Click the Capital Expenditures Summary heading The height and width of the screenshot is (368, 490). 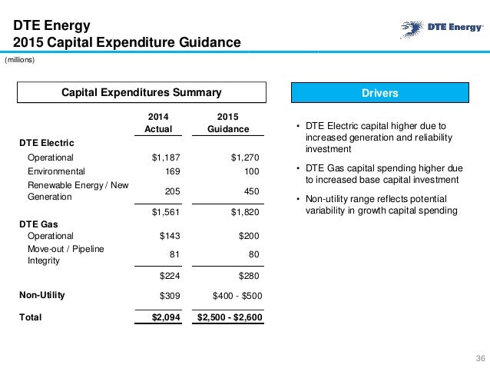click(141, 93)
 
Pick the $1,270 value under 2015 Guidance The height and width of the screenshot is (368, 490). click(245, 157)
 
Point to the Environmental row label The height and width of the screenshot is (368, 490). click(57, 171)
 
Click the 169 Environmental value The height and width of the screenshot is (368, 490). click(173, 171)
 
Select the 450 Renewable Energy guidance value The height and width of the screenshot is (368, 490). click(250, 191)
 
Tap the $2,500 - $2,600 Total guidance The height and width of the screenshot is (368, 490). click(229, 317)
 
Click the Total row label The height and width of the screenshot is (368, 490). click(31, 317)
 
